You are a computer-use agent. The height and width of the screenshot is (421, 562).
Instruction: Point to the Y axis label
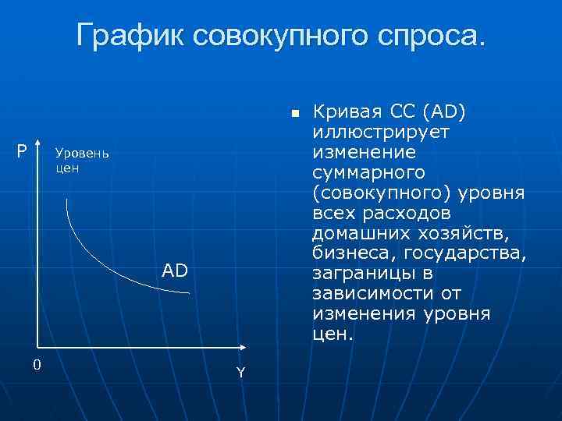[240, 373]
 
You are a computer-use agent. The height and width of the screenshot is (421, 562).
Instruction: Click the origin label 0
[37, 365]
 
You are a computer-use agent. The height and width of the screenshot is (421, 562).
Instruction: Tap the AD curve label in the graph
[174, 271]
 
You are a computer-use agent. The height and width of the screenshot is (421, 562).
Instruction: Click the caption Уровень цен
[82, 160]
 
